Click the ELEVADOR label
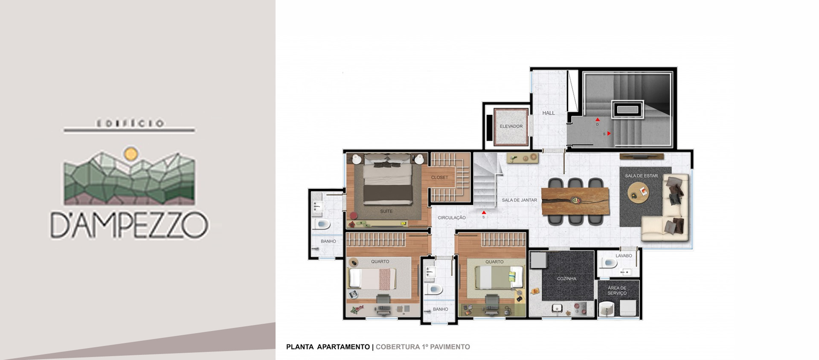[511, 126]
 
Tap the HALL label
[549, 113]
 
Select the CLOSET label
[439, 177]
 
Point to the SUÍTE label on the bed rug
[386, 211]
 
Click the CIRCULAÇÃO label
[452, 218]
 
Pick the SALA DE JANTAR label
[519, 200]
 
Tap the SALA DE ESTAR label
[641, 176]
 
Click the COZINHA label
[566, 279]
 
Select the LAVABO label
[624, 256]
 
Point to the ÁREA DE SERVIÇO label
[617, 290]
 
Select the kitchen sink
[557, 308]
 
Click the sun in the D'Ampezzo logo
[131, 153]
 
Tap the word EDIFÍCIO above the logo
[130, 124]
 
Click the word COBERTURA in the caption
[398, 347]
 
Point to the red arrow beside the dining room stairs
[484, 212]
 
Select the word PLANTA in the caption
[300, 347]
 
